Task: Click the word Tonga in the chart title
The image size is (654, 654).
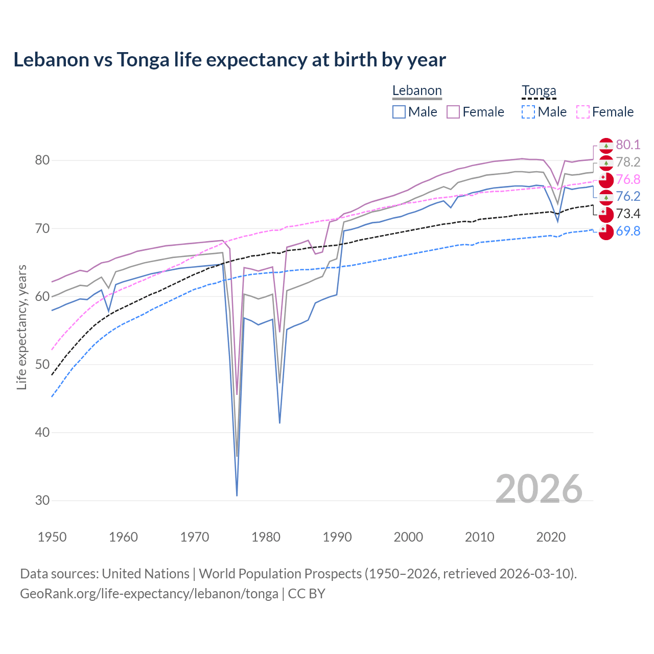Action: tap(143, 60)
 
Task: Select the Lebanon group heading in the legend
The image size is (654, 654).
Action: tap(417, 91)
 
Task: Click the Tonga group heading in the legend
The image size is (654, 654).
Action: tap(539, 91)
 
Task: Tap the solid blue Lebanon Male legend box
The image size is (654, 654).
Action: tap(399, 112)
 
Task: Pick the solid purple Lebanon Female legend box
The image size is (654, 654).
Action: tap(453, 112)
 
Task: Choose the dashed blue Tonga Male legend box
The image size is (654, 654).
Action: tap(528, 112)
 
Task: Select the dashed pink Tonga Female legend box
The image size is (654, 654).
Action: tap(583, 112)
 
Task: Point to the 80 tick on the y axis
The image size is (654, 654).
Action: tap(42, 160)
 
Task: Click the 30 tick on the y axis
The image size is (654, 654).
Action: tap(42, 501)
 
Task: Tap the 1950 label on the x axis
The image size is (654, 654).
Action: tap(52, 537)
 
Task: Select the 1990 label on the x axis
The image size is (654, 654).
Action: tap(337, 537)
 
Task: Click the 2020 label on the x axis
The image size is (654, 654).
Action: tap(551, 537)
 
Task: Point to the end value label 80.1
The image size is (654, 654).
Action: tap(628, 145)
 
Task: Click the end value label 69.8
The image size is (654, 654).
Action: tap(628, 231)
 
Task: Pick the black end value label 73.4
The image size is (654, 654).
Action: tap(628, 214)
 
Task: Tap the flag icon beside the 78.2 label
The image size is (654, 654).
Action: tap(606, 163)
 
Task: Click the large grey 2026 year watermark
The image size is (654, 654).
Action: tap(539, 489)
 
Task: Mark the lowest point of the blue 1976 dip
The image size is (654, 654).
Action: tap(237, 495)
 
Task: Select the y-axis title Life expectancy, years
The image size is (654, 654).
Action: tap(22, 328)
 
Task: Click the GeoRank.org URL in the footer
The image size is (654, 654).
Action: tap(149, 594)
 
